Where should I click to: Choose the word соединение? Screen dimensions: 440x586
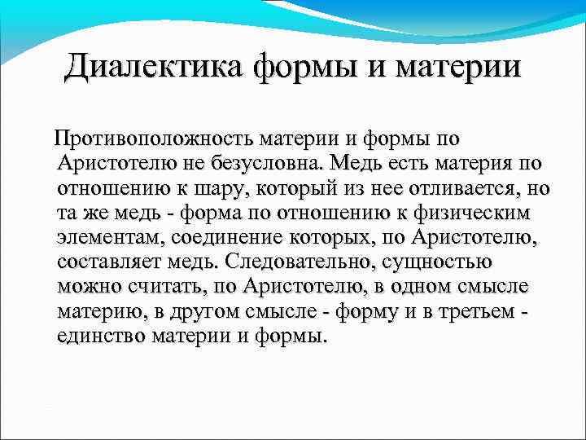click(x=231, y=239)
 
